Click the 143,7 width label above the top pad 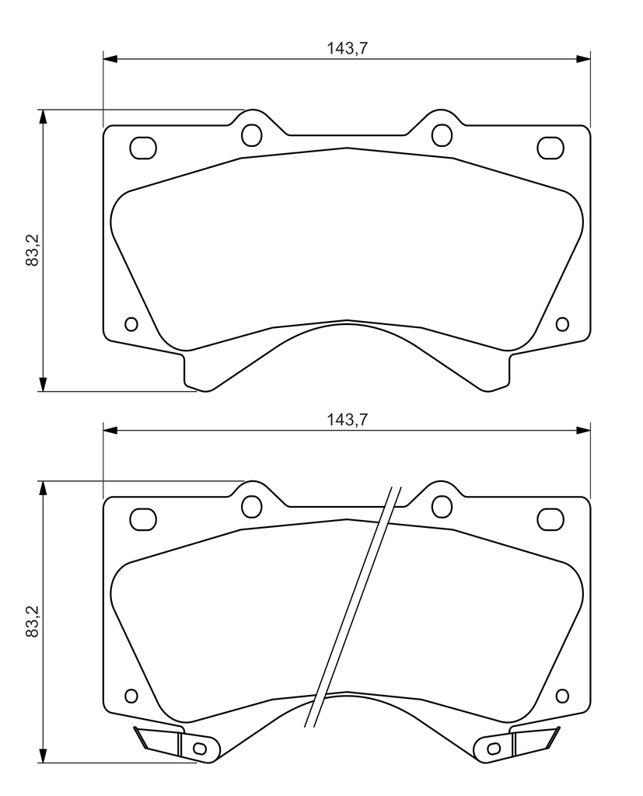pos(347,48)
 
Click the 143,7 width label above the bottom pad pos(347,420)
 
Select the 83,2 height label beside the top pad pos(33,250)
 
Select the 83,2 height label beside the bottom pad pos(33,621)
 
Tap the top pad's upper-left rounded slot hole pos(143,148)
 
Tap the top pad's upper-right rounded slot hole pos(550,148)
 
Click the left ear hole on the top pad pos(251,134)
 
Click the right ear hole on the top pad pos(442,134)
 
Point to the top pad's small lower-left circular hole pos(131,324)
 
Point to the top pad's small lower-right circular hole pos(562,324)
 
